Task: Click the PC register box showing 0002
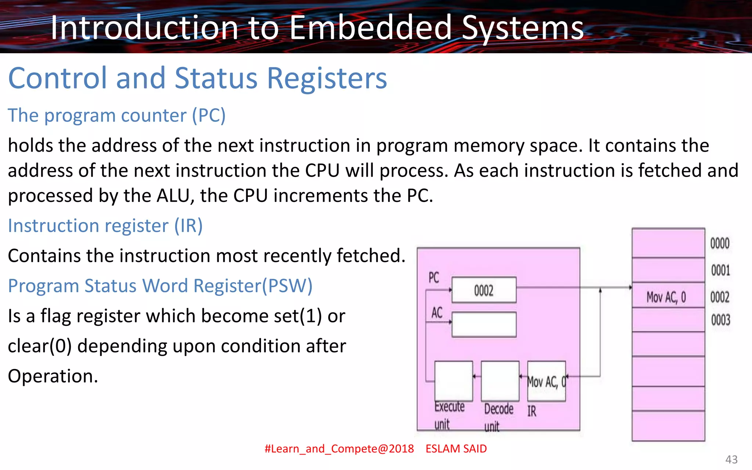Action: tap(484, 290)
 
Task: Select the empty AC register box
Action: tap(484, 325)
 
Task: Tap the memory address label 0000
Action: tap(720, 243)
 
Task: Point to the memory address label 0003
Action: tap(720, 320)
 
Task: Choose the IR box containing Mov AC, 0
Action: tap(546, 381)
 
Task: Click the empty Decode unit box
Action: tap(500, 381)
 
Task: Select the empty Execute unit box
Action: tap(453, 381)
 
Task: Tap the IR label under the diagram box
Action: tap(532, 411)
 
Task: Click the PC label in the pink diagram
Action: tap(434, 278)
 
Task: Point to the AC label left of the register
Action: tap(437, 313)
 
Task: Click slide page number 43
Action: tap(731, 459)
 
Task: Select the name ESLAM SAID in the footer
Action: tap(456, 449)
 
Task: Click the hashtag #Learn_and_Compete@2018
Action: tap(339, 449)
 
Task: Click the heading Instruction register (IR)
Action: tap(105, 225)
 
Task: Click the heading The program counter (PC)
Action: tap(116, 115)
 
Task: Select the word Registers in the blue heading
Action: tap(327, 78)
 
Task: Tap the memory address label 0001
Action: tap(720, 271)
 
